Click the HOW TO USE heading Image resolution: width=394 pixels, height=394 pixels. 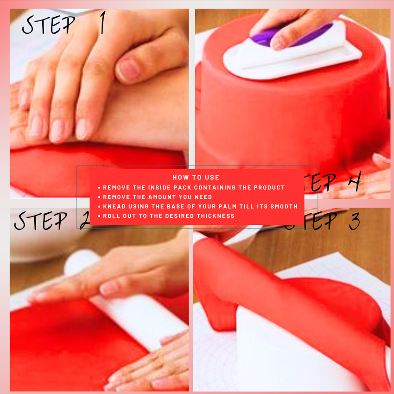(x=196, y=178)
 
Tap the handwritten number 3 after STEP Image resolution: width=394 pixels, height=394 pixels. (x=354, y=222)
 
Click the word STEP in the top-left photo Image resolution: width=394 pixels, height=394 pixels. (x=49, y=25)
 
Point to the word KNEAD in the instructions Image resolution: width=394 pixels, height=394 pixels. (x=114, y=206)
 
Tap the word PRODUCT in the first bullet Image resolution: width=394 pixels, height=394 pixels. (x=269, y=188)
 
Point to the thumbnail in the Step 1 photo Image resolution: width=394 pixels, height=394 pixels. (x=127, y=69)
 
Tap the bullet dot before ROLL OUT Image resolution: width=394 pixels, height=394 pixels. (x=99, y=216)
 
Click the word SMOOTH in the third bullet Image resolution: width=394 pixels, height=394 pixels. (x=285, y=206)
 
